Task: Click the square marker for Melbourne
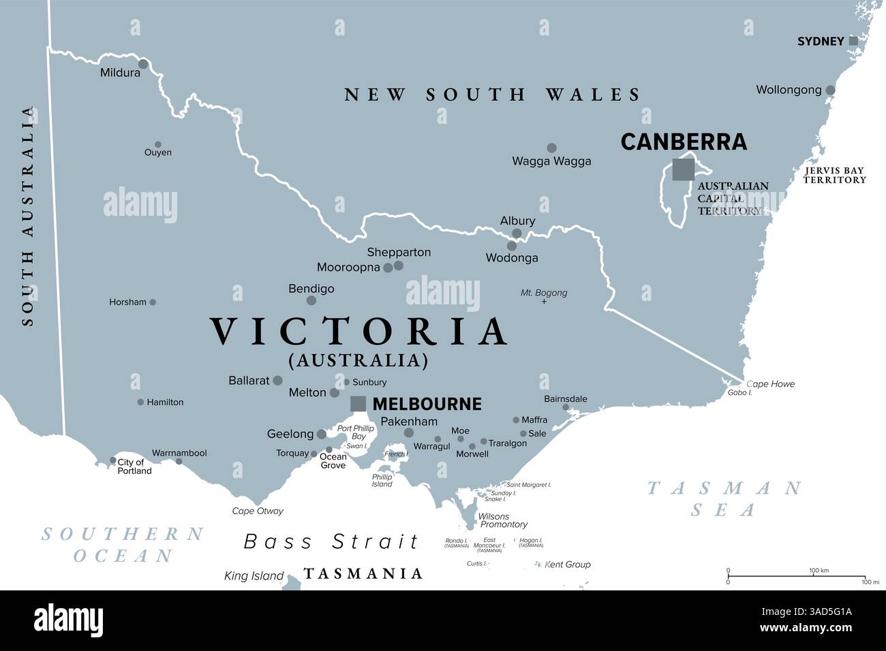[x=358, y=404]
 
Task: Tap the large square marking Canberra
[x=683, y=169]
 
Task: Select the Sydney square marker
[x=853, y=41]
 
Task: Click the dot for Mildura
[x=143, y=64]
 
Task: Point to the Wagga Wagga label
[x=551, y=161]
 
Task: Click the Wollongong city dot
[x=830, y=90]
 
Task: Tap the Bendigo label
[x=311, y=289]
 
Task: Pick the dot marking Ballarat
[x=277, y=381]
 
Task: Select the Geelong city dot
[x=321, y=434]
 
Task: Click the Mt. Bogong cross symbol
[x=544, y=301]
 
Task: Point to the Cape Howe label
[x=770, y=384]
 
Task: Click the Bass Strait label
[x=332, y=542]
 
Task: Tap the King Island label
[x=254, y=576]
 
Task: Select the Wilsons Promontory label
[x=503, y=521]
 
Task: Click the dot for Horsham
[x=153, y=302]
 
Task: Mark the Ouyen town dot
[x=158, y=144]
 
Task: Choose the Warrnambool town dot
[x=179, y=462]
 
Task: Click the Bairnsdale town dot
[x=566, y=408]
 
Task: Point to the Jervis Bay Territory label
[x=834, y=175]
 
